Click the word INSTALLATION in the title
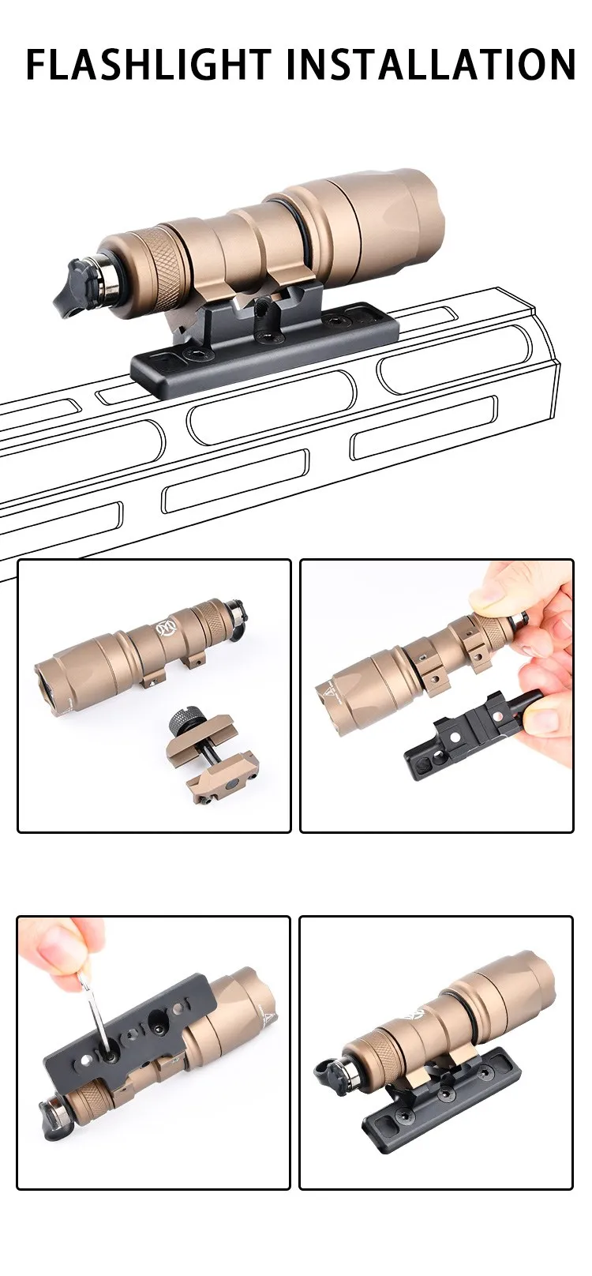437,64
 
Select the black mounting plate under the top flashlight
265,347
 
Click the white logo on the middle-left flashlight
164,629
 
